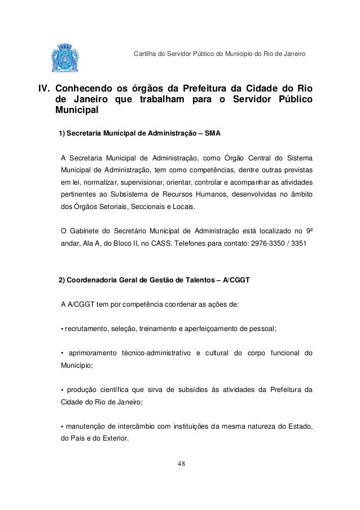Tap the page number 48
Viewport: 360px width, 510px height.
point(180,464)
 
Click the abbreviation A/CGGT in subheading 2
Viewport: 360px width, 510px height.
point(239,281)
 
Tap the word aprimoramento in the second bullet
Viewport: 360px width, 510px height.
point(93,354)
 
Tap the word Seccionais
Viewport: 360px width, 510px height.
point(144,207)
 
